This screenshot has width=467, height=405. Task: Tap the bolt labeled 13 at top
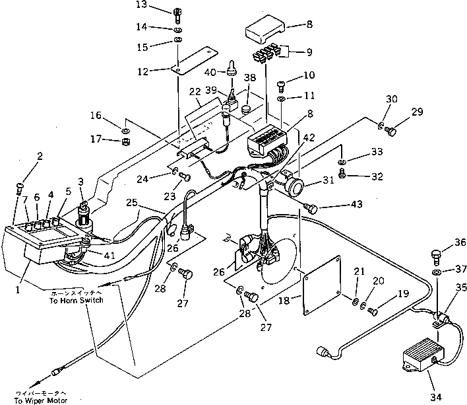[179, 13]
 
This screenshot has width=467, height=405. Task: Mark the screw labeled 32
[342, 174]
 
